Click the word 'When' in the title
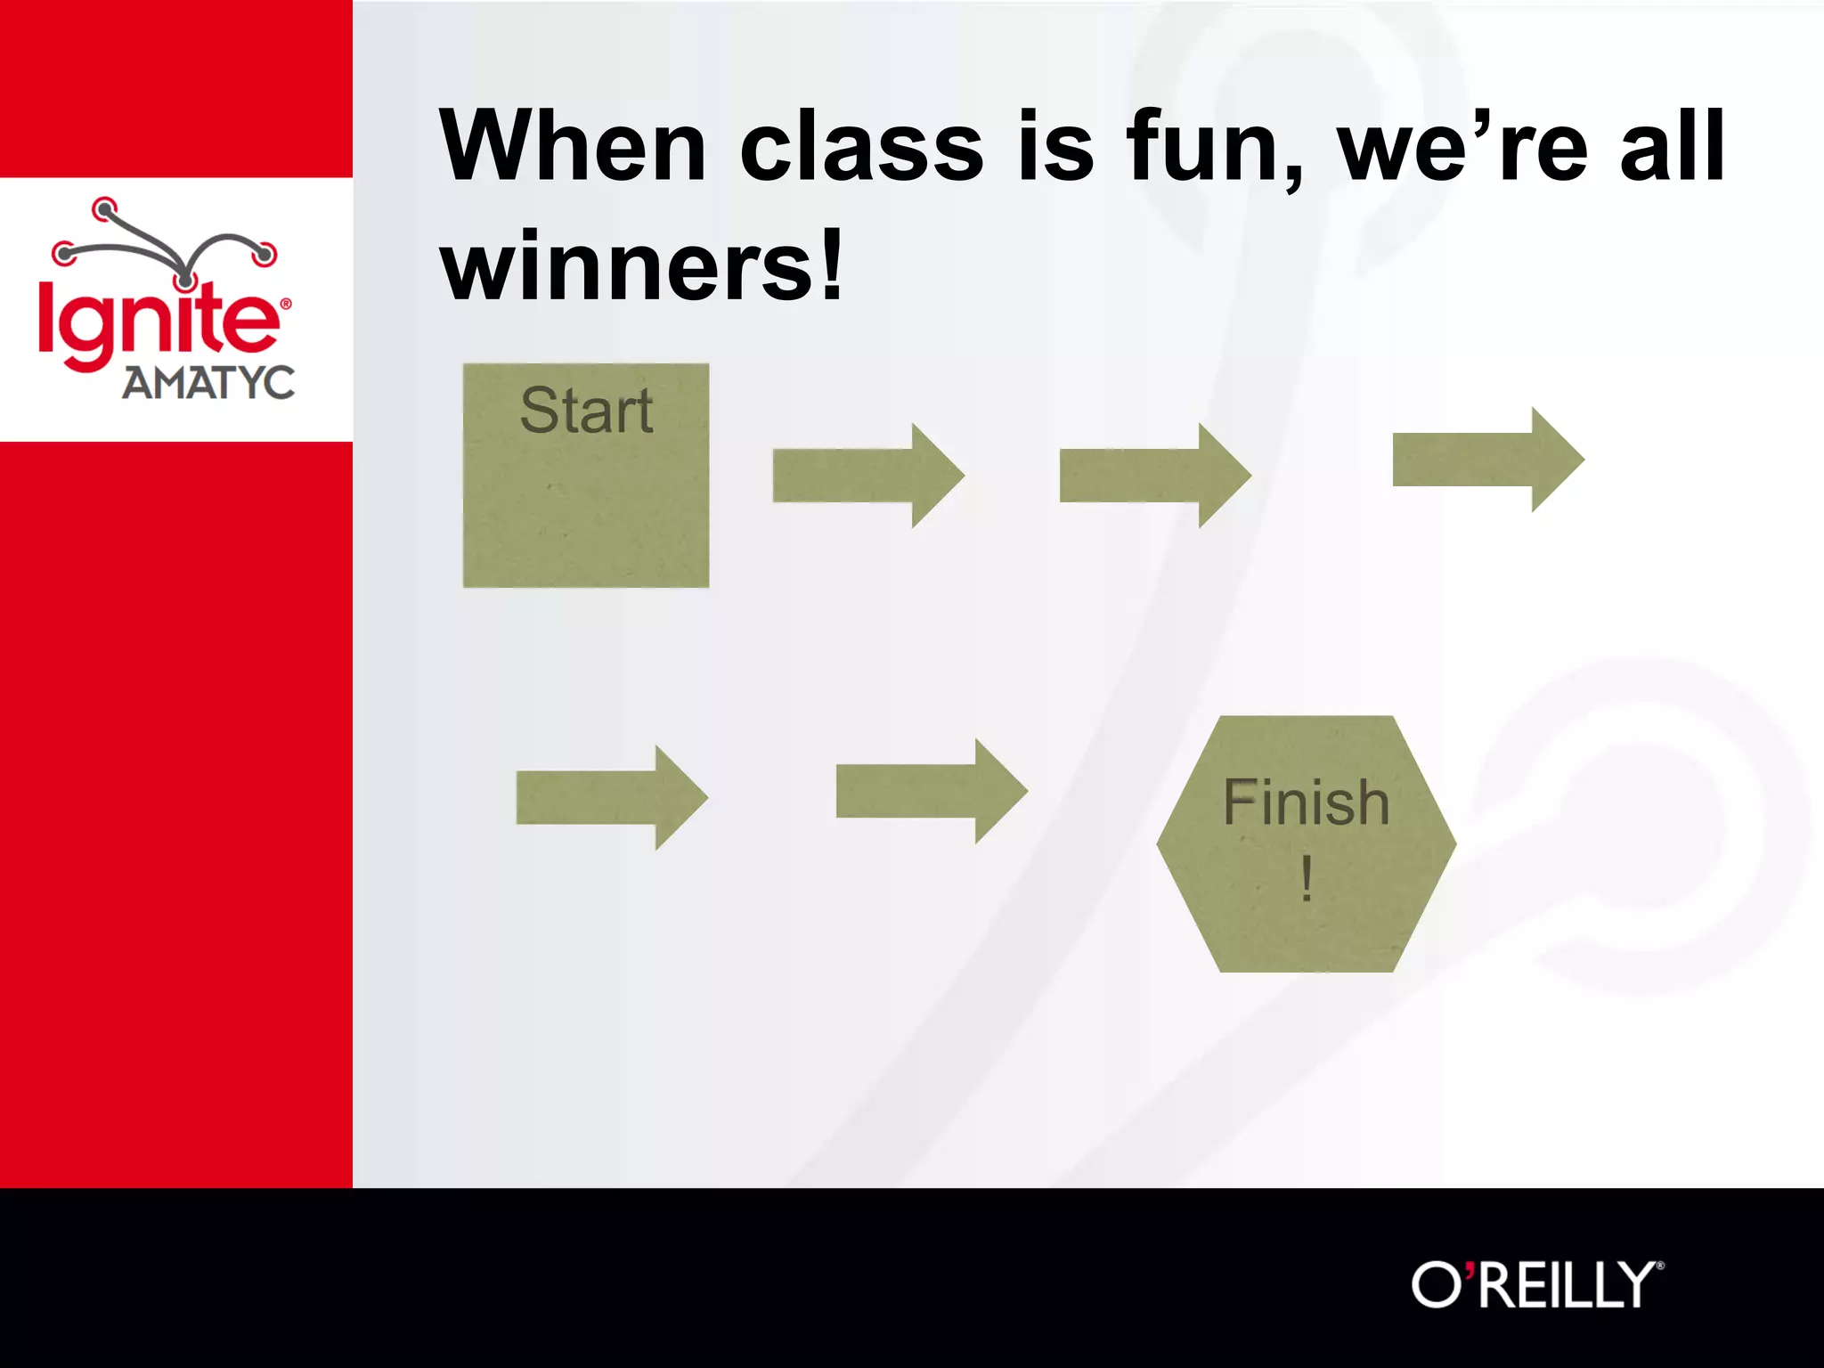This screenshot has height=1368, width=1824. (573, 146)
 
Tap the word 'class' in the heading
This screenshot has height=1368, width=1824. (861, 148)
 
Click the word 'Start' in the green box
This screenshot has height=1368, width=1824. (586, 411)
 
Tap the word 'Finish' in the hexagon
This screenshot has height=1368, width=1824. (1306, 802)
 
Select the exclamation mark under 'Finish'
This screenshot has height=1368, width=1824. (1306, 878)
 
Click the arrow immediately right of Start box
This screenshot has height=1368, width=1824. (868, 476)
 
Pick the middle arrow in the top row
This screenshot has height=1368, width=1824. (1155, 476)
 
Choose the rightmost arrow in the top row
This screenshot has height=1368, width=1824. (1488, 460)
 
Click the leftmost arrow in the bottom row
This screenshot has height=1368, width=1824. (612, 798)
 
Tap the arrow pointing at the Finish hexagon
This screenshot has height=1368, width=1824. (932, 791)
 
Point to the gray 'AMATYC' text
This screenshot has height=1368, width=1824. (208, 383)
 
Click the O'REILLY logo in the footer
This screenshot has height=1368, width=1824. (1537, 1284)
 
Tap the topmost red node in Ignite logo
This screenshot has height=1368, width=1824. (104, 209)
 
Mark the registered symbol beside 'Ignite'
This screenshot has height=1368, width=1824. (286, 304)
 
